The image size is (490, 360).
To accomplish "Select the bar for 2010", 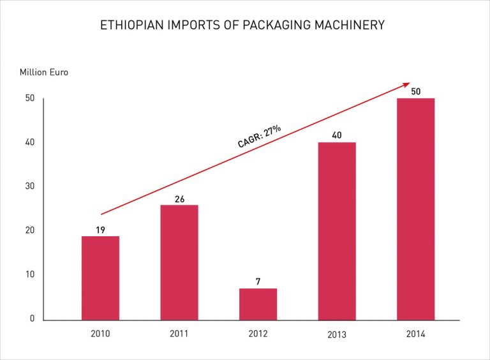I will (100, 278).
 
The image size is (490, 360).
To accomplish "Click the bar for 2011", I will (179, 262).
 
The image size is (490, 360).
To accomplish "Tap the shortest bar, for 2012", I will (258, 304).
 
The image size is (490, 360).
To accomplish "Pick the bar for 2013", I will (337, 230).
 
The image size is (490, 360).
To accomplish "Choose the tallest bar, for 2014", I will (415, 209).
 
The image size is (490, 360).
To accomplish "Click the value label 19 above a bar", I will (100, 229).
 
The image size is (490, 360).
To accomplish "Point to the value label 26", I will (179, 199).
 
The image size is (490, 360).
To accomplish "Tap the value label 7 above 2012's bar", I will (258, 281).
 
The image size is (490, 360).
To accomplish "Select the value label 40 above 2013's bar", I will (337, 135).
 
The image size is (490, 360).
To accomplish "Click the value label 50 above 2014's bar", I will (415, 91).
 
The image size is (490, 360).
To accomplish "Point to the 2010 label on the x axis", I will (100, 334).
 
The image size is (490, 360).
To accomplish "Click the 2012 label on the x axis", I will (258, 334).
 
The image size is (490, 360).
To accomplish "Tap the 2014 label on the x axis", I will (415, 334).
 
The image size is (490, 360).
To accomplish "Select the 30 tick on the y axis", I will (29, 186).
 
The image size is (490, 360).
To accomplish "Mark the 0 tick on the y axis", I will (32, 319).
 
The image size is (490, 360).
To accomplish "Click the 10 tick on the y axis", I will (29, 274).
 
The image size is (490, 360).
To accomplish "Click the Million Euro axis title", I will (44, 72).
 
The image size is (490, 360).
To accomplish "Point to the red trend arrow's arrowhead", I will (406, 84).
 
